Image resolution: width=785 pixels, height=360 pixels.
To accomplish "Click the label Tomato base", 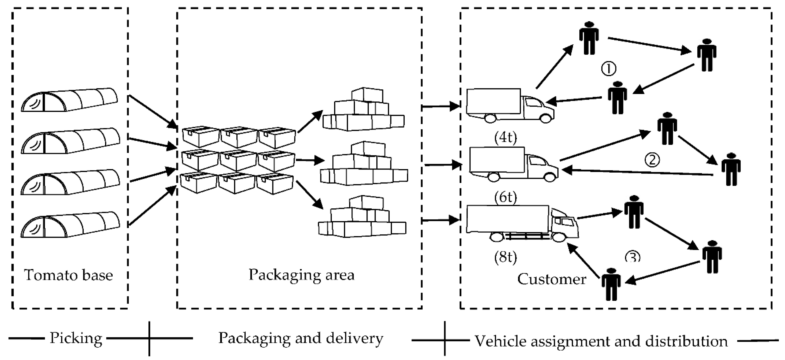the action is (x=68, y=275).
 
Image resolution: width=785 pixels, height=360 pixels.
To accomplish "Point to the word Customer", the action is (x=552, y=279).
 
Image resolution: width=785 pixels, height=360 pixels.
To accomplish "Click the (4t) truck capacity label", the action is (x=506, y=138).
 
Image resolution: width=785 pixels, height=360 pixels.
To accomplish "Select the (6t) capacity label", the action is (x=506, y=197).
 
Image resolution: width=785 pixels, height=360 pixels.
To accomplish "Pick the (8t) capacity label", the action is (x=506, y=257).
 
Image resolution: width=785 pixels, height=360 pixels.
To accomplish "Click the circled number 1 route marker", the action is (x=608, y=68).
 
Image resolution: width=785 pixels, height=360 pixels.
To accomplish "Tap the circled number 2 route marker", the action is (x=652, y=159).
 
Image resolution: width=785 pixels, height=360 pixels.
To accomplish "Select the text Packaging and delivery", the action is (x=301, y=339).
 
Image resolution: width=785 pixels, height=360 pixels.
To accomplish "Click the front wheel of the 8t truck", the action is (x=559, y=237).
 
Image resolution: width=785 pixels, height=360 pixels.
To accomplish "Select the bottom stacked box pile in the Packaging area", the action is (x=362, y=216).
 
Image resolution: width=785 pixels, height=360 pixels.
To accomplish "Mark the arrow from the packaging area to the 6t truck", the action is (x=442, y=165).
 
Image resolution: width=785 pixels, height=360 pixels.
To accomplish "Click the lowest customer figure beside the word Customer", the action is (x=611, y=284).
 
